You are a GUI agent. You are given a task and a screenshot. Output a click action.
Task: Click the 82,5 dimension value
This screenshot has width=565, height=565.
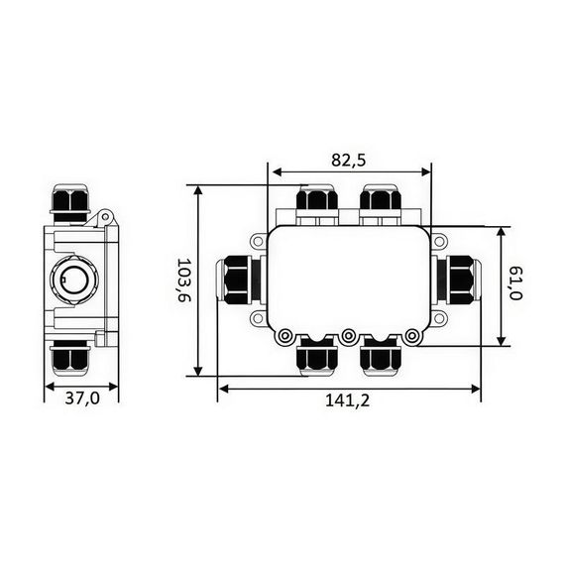pos(348,159)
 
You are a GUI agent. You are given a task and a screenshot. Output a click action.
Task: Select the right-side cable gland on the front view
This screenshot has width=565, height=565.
pos(457,279)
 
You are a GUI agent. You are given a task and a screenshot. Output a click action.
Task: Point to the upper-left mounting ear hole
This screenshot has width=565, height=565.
pos(258,239)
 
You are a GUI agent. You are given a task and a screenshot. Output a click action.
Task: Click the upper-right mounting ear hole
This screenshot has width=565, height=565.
pos(438,239)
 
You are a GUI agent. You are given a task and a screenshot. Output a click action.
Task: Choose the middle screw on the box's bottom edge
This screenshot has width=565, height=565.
pos(348,336)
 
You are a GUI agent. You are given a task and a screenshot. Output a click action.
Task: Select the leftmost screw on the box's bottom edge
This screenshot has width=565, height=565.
pos(284,336)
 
